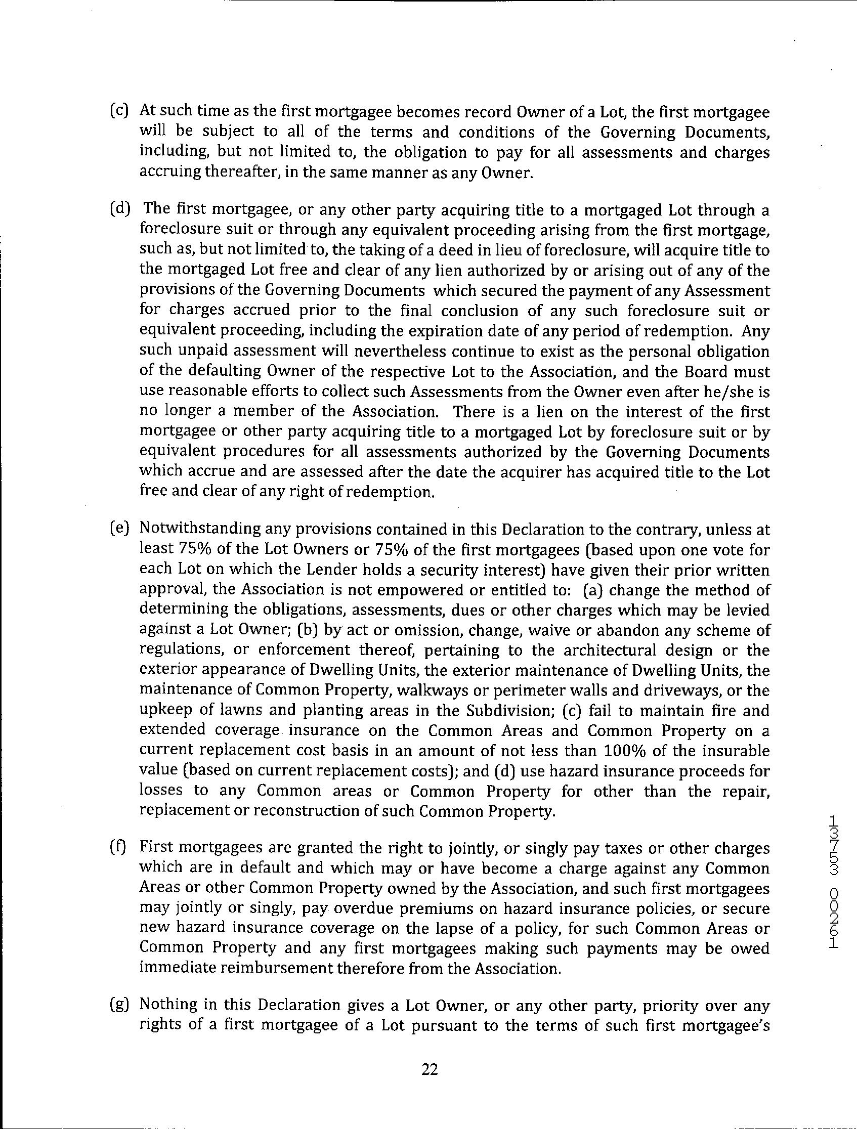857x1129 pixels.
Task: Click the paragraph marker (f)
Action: click(118, 848)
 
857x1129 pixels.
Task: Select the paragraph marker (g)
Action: click(118, 1005)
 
